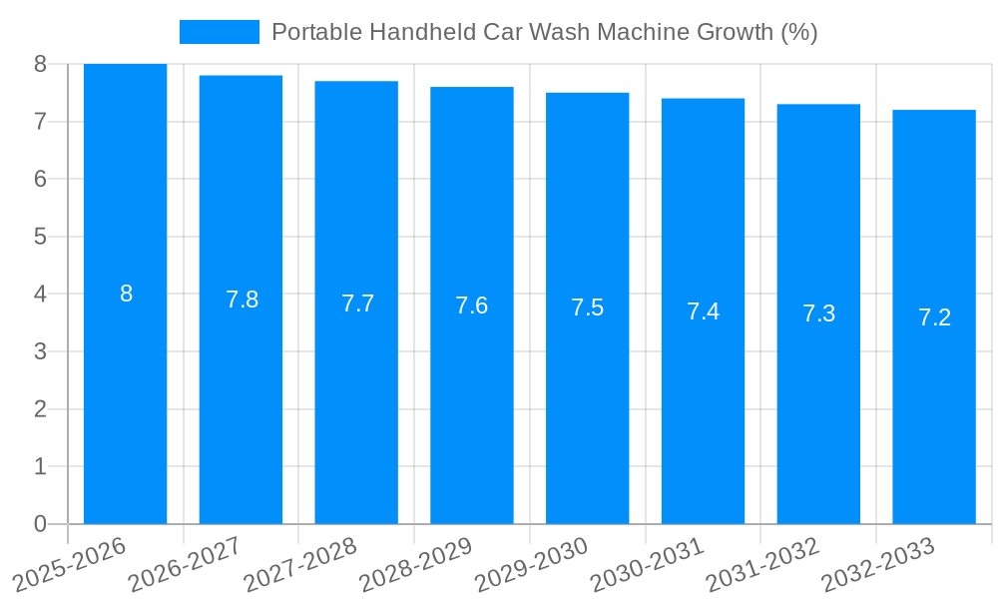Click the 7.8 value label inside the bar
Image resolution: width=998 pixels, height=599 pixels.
[x=242, y=299]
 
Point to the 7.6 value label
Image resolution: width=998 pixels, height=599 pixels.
[x=471, y=305]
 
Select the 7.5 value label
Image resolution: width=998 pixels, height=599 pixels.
[x=587, y=307]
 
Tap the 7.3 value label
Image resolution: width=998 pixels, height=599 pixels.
[x=818, y=313]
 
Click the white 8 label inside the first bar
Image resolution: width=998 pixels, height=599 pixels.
[x=126, y=294]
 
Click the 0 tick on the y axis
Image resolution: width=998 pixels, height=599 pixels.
[x=40, y=524]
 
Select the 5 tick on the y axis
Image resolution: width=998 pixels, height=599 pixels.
[x=40, y=237]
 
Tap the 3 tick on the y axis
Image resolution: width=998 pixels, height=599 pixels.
[x=40, y=351]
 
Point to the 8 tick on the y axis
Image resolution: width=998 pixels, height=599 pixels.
[x=40, y=64]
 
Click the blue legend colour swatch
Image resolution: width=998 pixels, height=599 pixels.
[x=219, y=32]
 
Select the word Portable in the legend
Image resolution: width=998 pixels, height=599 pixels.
[x=316, y=32]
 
